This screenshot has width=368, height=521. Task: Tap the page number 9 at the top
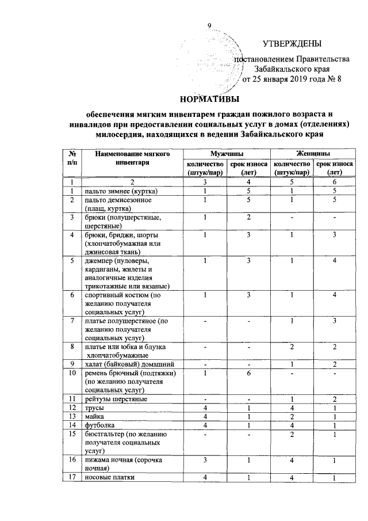point(209,25)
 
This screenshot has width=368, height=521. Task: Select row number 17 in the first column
point(72,477)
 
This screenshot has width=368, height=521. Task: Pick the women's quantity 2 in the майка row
point(292,416)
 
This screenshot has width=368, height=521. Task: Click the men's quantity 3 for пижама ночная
point(204,460)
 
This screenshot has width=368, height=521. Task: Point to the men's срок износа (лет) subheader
point(248,168)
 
